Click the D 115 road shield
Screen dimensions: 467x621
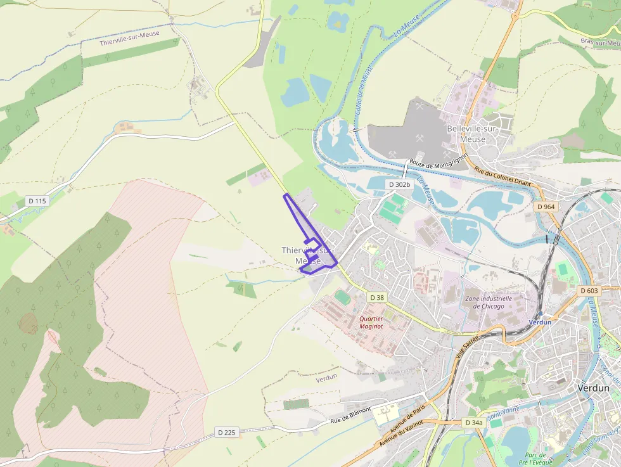37,201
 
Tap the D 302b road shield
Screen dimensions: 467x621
399,184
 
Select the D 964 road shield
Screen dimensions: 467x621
546,207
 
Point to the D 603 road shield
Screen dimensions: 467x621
589,290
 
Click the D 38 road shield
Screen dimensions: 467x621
376,297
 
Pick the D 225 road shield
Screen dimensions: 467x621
226,432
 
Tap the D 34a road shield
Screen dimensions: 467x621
473,422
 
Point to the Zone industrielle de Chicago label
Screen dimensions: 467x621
488,302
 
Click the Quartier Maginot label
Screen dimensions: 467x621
371,323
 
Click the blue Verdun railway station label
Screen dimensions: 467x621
540,322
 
